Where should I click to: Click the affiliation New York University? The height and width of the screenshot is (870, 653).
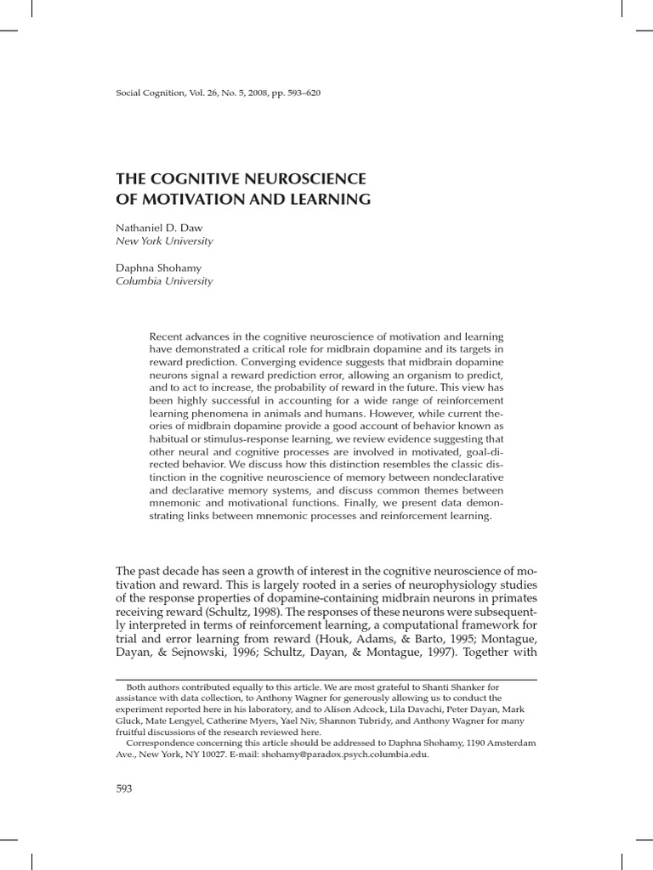click(x=164, y=241)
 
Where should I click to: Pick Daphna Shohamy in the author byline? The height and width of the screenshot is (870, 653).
click(x=153, y=268)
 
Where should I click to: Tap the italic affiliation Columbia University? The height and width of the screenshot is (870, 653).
click(x=164, y=281)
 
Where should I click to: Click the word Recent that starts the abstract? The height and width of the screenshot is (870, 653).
click(x=165, y=336)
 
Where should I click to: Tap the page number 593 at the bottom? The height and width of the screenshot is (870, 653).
click(x=124, y=788)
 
